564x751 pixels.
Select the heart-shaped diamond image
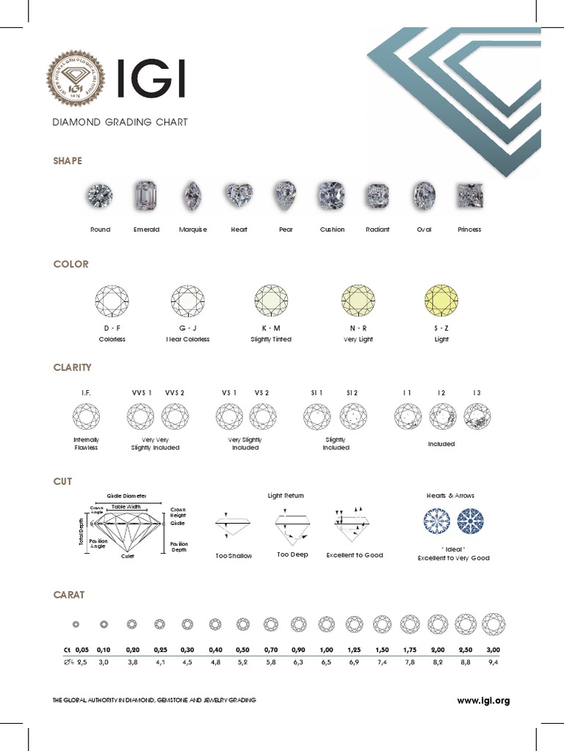click(x=239, y=195)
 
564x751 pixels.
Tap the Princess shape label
click(x=469, y=230)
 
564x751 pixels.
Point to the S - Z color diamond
click(x=441, y=301)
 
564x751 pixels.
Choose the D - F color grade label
click(x=112, y=328)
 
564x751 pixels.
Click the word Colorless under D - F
click(x=112, y=340)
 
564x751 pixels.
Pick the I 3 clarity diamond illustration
click(x=477, y=418)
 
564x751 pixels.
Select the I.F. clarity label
click(x=86, y=393)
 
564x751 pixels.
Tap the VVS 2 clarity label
click(x=175, y=393)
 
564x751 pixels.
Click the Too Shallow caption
click(x=234, y=556)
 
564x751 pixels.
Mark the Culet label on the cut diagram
click(x=128, y=557)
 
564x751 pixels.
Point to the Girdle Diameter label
click(x=127, y=496)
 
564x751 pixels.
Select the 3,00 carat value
click(x=493, y=650)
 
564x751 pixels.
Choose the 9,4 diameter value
click(x=493, y=663)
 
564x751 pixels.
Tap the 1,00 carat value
click(x=326, y=650)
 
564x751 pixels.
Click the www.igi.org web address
click(x=483, y=701)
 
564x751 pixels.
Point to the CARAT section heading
click(x=69, y=595)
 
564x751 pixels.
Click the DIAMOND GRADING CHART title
click(x=120, y=122)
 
